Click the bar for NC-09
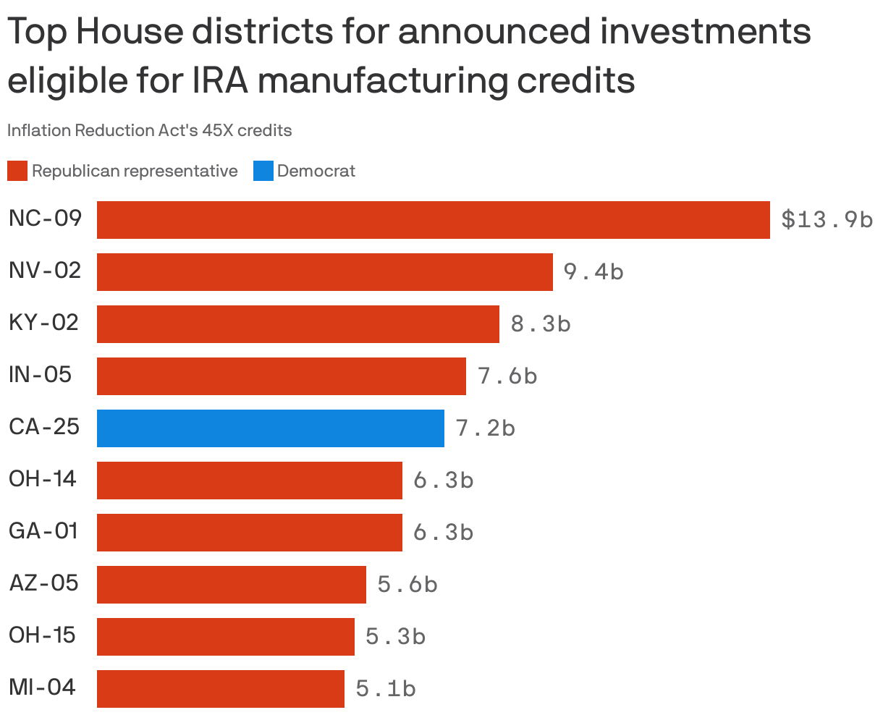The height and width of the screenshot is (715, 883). point(433,220)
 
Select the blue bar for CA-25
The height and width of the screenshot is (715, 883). point(270,428)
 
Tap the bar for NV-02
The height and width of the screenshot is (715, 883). point(324,272)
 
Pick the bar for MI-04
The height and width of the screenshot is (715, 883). point(220,689)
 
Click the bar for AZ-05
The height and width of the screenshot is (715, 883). point(231,585)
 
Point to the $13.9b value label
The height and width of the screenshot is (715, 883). point(827,220)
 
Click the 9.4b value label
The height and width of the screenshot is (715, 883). point(593,272)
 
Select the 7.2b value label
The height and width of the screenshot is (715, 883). point(485,428)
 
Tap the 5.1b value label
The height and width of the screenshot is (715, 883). point(385,689)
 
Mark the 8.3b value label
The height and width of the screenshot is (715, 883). point(540,324)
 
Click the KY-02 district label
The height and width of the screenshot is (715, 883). point(43,322)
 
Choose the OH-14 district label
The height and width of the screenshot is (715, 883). point(43,478)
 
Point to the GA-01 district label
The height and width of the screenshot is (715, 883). point(43,530)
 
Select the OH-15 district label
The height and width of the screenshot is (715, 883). point(42,635)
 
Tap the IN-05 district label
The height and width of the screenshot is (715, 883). point(41,374)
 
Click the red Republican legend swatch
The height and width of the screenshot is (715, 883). point(17,172)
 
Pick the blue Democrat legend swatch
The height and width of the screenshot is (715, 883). point(263,172)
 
